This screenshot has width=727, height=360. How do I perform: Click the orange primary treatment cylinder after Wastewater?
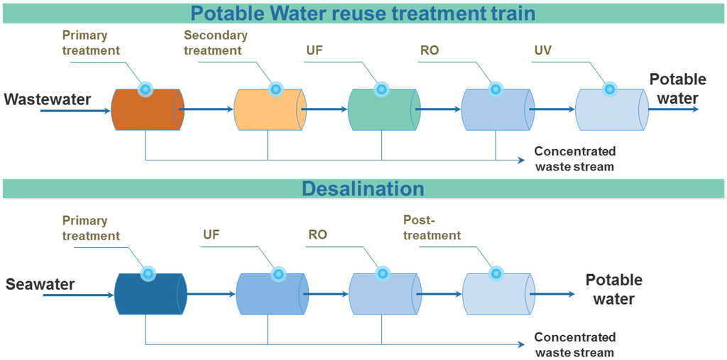tap(148, 109)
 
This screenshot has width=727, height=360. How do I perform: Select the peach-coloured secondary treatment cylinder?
tap(270, 109)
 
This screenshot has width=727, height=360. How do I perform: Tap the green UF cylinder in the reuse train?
tap(384, 109)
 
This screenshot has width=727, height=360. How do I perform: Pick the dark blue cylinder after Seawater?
tap(151, 294)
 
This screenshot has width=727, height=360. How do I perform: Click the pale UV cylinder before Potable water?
tap(612, 109)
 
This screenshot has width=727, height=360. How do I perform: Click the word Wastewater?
tap(48, 99)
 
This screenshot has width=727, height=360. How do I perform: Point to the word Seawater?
tap(40, 284)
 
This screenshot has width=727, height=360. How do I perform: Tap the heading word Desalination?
tap(363, 189)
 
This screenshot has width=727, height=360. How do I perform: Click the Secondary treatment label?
tap(216, 43)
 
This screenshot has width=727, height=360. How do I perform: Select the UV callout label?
tap(541, 50)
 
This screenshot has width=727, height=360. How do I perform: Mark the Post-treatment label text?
tap(432, 227)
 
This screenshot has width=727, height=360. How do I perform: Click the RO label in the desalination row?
tap(317, 234)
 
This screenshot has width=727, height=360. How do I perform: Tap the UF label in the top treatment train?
tap(315, 50)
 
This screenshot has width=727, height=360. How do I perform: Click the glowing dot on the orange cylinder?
tap(145, 89)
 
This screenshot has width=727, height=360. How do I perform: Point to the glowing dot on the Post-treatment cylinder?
tap(496, 273)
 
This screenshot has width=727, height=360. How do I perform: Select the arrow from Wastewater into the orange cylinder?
tap(76, 111)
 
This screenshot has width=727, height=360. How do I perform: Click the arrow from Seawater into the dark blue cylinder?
tap(77, 295)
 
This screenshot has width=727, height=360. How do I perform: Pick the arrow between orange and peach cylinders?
tap(206, 109)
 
